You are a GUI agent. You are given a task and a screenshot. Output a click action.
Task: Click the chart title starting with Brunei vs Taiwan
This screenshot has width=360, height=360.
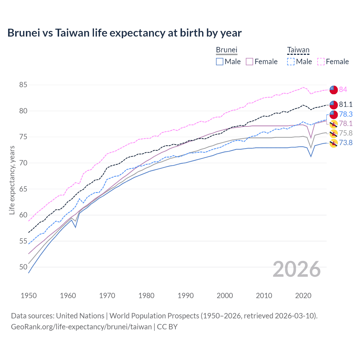click(x=124, y=33)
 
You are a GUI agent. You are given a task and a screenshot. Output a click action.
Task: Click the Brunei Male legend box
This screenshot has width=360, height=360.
click(x=220, y=62)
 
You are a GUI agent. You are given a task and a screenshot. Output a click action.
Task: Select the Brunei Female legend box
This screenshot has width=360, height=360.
click(x=250, y=62)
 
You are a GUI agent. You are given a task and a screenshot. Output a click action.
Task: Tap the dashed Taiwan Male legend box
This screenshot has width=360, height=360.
click(x=291, y=62)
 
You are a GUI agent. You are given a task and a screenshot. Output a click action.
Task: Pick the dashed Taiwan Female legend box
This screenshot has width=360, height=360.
click(x=321, y=62)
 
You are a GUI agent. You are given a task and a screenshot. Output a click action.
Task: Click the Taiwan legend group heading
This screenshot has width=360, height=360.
click(x=298, y=50)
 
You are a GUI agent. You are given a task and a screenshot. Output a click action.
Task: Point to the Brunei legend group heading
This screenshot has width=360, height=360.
click(x=227, y=50)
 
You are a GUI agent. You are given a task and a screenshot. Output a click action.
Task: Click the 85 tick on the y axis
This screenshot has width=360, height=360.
click(x=23, y=85)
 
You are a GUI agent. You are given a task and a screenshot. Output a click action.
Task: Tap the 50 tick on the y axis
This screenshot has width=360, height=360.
click(x=23, y=267)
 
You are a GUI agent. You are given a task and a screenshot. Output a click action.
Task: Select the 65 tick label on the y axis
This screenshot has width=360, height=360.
click(x=23, y=189)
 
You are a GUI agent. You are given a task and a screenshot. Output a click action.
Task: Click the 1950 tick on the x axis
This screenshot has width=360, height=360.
click(x=29, y=296)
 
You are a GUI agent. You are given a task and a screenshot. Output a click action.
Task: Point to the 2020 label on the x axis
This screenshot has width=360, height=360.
click(x=303, y=296)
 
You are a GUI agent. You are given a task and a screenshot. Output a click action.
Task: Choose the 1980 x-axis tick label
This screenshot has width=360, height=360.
click(x=146, y=296)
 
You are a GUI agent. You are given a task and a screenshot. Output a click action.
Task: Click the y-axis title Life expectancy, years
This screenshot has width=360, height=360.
click(x=12, y=180)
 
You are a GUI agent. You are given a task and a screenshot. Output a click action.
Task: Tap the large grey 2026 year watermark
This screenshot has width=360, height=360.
click(x=297, y=269)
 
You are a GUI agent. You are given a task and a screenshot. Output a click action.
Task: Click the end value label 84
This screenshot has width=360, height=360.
click(x=343, y=89)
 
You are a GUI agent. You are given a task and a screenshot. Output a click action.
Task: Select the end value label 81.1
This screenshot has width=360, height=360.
click(x=346, y=104)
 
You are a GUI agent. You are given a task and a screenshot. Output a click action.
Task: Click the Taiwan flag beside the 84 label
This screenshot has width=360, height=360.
click(x=334, y=89)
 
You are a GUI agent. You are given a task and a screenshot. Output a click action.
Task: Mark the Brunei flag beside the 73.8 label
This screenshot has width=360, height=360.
click(x=334, y=143)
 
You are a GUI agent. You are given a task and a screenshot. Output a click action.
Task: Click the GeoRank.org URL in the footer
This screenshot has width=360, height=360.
click(x=81, y=327)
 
